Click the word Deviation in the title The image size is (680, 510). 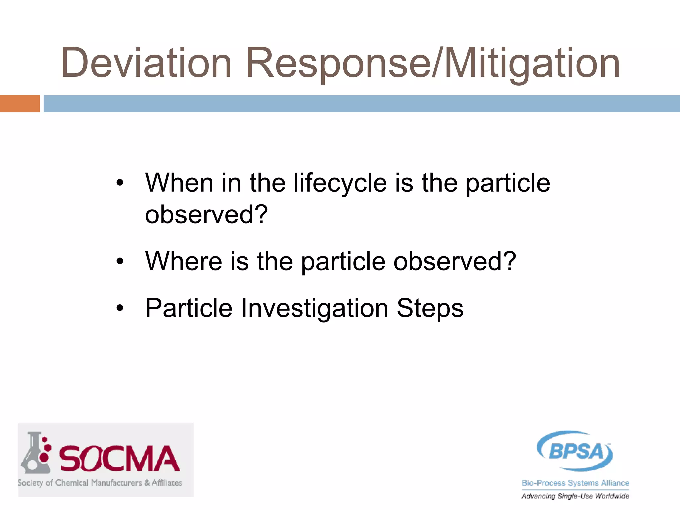[146, 63]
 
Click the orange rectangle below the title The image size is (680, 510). [20, 104]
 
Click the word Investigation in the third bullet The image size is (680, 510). [314, 308]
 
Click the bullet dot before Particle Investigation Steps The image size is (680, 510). [120, 308]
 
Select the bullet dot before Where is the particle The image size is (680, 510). [120, 261]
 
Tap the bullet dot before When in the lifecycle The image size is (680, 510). [120, 183]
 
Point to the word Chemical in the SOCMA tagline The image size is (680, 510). [72, 483]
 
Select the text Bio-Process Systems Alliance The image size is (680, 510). [575, 483]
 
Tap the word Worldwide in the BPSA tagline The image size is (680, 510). [612, 496]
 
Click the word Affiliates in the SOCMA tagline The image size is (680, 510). [167, 483]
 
